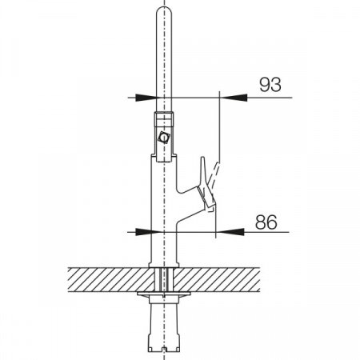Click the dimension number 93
tap(270, 85)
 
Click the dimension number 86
tap(266, 222)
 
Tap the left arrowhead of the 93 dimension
tap(146, 98)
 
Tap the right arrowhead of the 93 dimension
tap(234, 98)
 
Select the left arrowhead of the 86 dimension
tap(143, 232)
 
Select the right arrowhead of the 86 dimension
tap(230, 232)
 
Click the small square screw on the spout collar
tap(163, 138)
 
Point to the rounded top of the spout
tap(163, 10)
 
